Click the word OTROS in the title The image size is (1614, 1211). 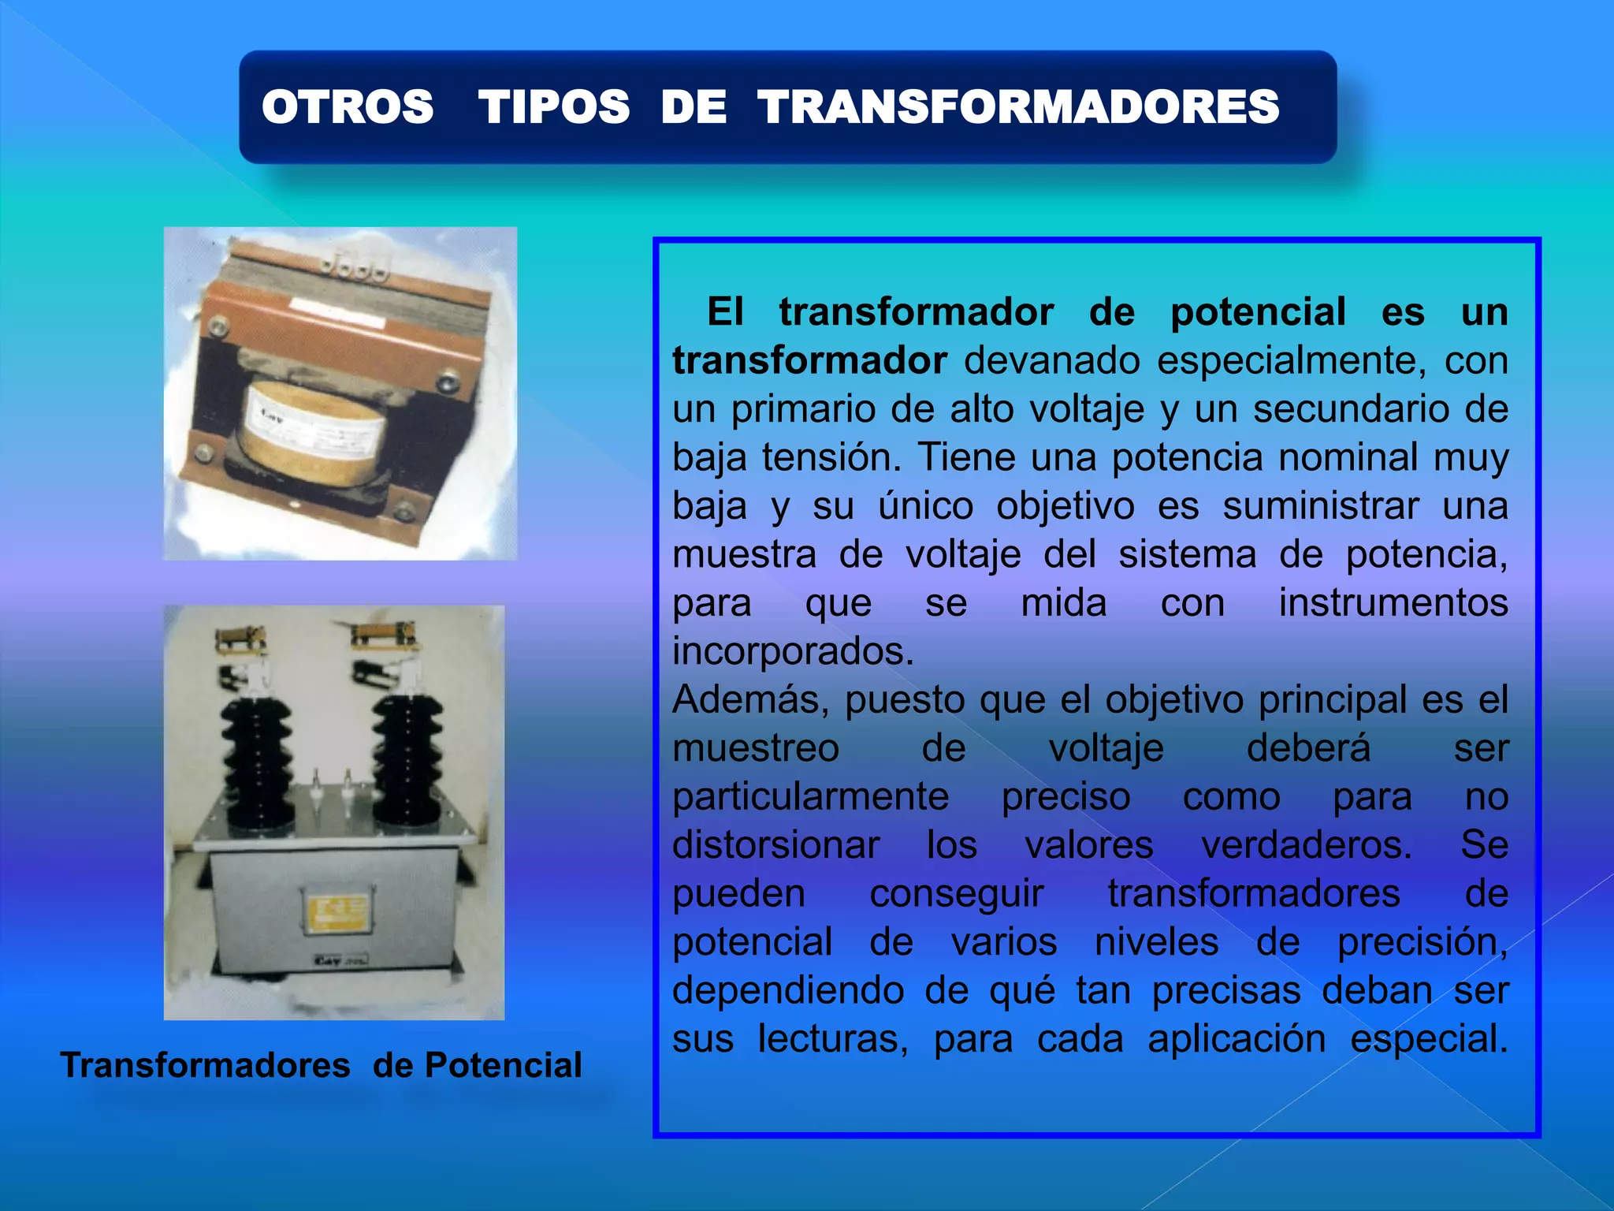[348, 106]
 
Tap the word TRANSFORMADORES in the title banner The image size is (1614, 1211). [1018, 106]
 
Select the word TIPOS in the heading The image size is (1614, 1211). [553, 106]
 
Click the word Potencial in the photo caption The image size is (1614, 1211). [503, 1065]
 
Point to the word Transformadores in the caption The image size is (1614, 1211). [206, 1065]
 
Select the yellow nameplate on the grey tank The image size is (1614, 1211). [336, 911]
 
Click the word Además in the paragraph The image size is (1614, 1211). [749, 699]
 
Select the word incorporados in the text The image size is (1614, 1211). [793, 651]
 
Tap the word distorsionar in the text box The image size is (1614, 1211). [775, 845]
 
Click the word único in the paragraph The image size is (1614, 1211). [926, 506]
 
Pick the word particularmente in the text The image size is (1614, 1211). [810, 796]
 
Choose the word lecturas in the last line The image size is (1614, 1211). [832, 1039]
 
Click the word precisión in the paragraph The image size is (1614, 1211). [1422, 942]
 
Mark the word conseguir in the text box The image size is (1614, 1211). [957, 894]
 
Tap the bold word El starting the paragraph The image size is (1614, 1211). [725, 312]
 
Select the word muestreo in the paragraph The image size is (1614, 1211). [756, 748]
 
